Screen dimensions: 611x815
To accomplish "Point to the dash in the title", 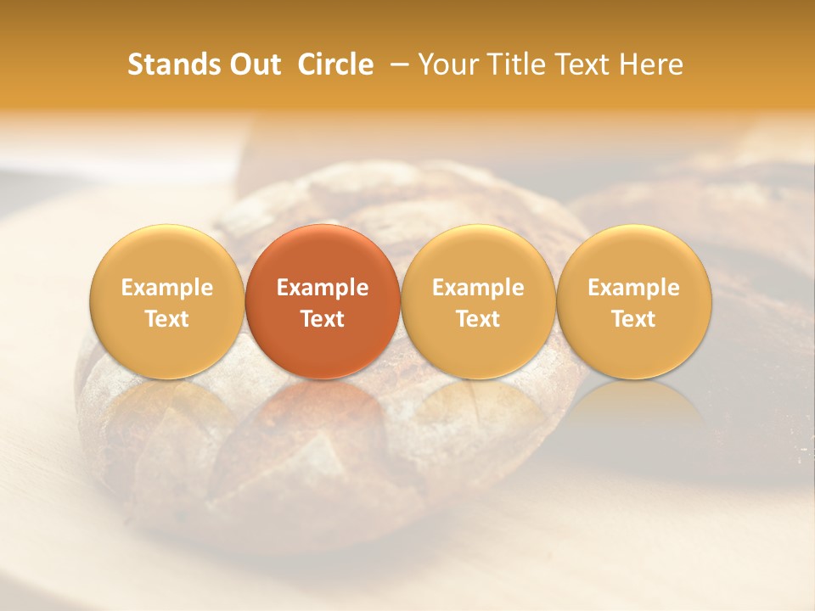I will click(396, 65).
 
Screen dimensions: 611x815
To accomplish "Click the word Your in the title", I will click(446, 64).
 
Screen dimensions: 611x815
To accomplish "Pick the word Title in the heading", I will click(511, 64).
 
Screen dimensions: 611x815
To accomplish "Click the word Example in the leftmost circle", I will click(167, 288).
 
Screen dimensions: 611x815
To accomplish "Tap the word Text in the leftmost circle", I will click(167, 319).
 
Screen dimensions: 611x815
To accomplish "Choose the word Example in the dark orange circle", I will click(323, 288).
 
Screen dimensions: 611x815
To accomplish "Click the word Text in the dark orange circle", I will click(323, 319).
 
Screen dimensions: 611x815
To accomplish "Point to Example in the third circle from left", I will click(478, 288).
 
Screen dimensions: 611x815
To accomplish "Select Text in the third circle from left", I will click(478, 319).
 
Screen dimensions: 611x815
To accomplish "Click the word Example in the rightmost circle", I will click(634, 288).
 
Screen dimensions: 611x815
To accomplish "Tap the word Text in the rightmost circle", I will click(634, 319).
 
